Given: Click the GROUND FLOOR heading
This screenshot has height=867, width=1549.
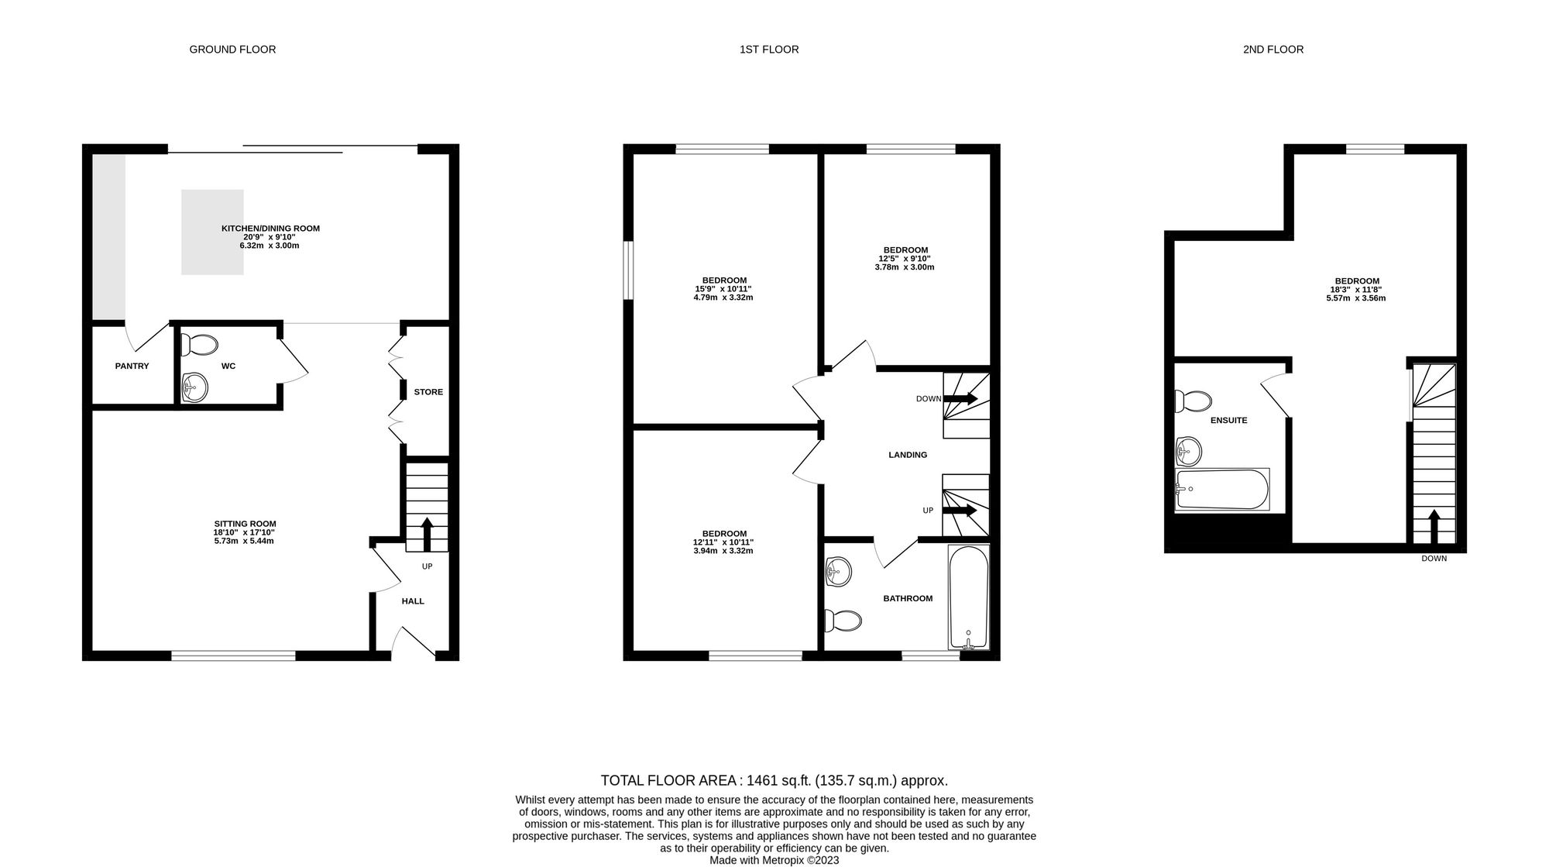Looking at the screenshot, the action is (232, 50).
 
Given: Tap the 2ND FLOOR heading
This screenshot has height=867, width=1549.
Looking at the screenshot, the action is (1273, 50).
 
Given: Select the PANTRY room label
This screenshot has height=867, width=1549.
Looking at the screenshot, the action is (132, 366).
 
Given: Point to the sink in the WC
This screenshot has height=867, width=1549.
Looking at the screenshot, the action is (194, 387).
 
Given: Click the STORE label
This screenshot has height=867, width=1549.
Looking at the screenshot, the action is (428, 392).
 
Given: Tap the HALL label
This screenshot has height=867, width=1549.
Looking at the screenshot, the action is (413, 601).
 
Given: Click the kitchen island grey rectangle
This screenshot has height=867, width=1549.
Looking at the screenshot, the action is (212, 232).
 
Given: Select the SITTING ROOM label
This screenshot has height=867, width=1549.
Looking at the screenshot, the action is (245, 524).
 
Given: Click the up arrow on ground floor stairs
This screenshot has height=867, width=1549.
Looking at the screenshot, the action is (426, 534).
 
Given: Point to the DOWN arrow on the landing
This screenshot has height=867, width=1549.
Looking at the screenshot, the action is (960, 399).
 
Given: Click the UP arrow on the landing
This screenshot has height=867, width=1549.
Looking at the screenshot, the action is (960, 511).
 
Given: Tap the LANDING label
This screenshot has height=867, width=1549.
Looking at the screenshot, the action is (908, 455).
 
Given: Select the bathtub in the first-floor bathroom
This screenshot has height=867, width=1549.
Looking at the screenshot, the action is (968, 597).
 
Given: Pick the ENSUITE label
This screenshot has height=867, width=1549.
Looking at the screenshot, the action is (1229, 421).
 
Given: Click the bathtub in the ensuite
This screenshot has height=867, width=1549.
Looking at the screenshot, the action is (1222, 489).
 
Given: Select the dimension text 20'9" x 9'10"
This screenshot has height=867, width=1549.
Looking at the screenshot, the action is (270, 237).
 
